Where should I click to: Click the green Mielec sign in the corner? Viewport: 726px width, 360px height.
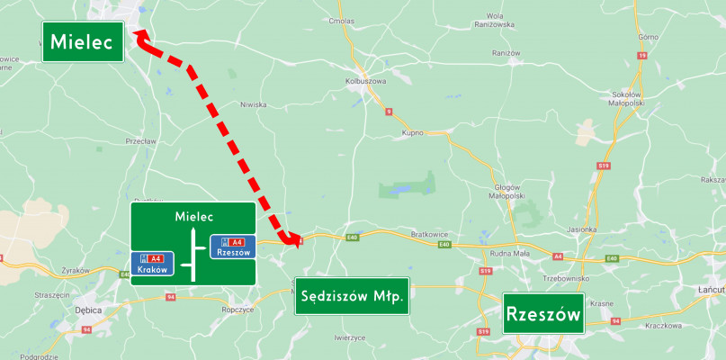(83, 41)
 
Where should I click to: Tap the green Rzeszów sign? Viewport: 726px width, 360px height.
(544, 315)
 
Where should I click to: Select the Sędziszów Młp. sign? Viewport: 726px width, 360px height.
(352, 296)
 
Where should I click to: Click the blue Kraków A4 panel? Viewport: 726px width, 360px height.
(154, 265)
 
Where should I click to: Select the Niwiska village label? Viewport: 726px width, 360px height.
(253, 104)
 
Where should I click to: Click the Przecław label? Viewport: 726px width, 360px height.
(142, 140)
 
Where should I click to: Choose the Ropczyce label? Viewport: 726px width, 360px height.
(237, 309)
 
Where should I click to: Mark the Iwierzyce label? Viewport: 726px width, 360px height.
(349, 337)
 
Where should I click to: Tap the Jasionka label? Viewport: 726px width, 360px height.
(582, 229)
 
